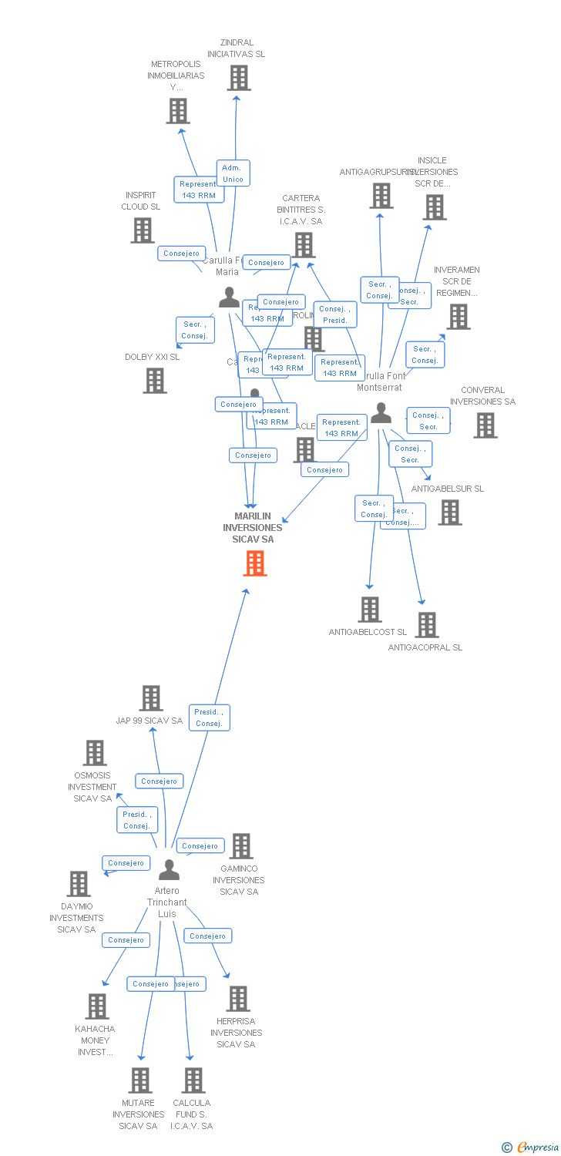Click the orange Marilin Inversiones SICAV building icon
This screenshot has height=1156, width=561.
click(255, 563)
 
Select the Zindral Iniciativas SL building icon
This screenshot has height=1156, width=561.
click(239, 78)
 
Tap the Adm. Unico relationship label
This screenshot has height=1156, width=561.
click(232, 173)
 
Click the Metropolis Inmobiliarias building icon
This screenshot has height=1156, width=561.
click(178, 111)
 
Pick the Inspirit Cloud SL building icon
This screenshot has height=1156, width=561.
click(143, 230)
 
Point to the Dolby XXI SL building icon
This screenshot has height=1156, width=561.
click(155, 381)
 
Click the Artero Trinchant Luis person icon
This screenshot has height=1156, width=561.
click(169, 870)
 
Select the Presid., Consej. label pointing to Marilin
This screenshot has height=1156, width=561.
click(209, 717)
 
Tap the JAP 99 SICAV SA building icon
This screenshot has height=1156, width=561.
click(151, 698)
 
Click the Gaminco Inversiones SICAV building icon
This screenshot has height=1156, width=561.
click(241, 846)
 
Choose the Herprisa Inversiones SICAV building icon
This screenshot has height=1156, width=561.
click(238, 999)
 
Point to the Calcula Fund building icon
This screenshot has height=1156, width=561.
click(193, 1080)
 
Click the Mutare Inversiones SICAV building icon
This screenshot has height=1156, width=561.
click(140, 1080)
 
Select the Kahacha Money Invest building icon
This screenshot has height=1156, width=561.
click(97, 1006)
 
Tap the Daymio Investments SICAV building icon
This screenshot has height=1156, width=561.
click(79, 884)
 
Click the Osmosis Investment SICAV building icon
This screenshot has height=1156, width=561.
click(95, 753)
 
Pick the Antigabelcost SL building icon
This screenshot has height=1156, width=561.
click(370, 610)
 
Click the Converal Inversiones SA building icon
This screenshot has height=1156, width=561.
click(485, 425)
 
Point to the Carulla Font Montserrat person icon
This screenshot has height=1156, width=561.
click(381, 414)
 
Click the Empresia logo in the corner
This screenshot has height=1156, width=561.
click(530, 1148)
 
